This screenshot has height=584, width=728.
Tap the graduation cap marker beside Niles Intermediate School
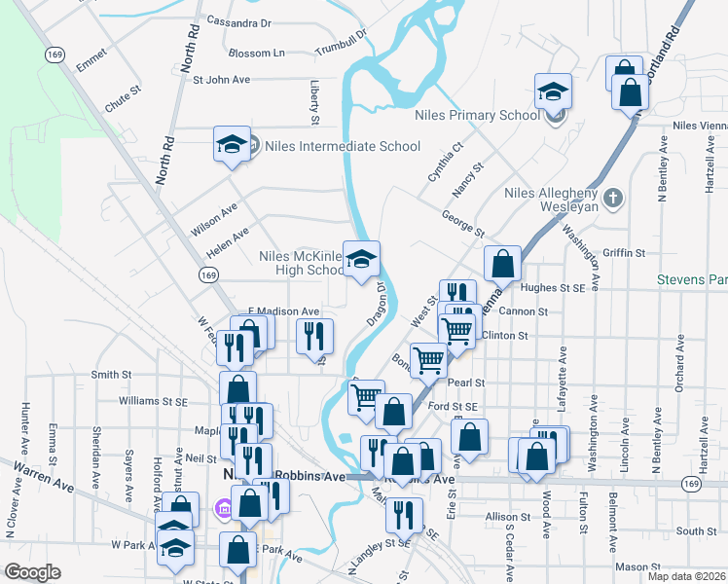click(232, 145)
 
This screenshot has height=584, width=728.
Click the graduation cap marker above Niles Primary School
click(553, 92)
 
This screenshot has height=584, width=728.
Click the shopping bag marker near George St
click(502, 263)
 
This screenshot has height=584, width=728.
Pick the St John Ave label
click(222, 80)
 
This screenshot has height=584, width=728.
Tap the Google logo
click(32, 571)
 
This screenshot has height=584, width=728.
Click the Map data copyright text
click(685, 576)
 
